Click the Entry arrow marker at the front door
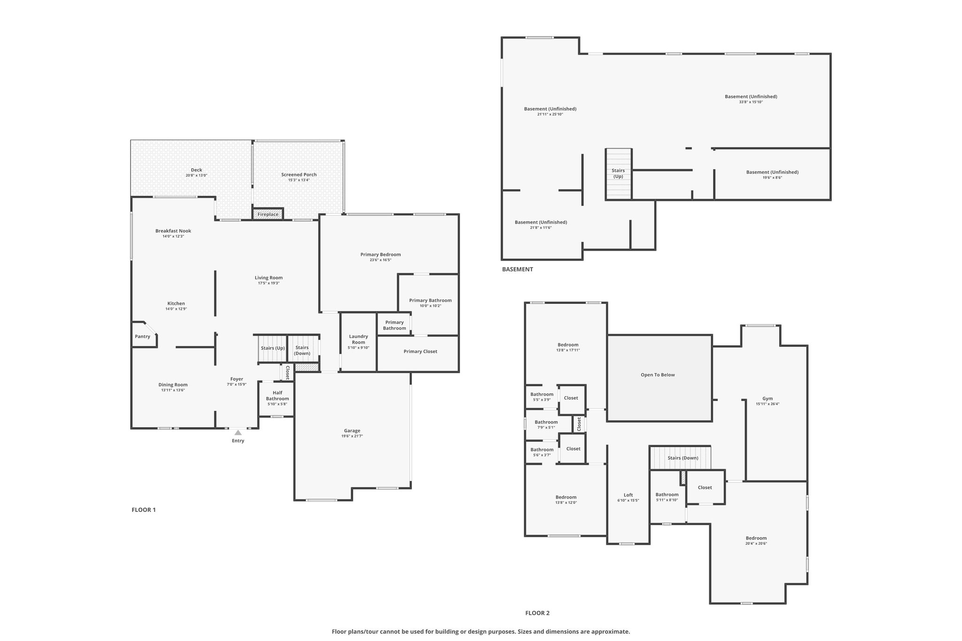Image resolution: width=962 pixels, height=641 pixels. pos(238,432)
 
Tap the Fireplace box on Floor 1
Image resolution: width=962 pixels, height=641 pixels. pos(268,214)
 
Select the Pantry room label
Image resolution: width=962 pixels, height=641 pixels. pos(142,336)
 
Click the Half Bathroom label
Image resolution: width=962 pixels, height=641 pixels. pos(277,396)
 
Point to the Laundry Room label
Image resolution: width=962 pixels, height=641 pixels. pos(358,339)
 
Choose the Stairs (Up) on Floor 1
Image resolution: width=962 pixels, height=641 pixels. pos(273,348)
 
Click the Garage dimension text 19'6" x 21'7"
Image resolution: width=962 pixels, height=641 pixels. pos(352,436)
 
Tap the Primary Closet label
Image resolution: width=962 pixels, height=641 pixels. pos(420,351)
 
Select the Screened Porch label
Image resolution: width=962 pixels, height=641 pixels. pos(299,175)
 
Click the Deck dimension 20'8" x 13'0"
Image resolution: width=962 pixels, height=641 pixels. pos(196,176)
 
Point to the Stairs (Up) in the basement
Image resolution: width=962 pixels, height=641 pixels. pos(618,174)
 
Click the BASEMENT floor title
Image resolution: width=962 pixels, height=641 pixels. pos(518,270)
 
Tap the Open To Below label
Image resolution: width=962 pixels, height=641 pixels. pos(658,375)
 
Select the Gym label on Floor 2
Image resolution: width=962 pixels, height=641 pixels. pos(768,399)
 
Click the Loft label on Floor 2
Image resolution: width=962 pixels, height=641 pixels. pos(628,495)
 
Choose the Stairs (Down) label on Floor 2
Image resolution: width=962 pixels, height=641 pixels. pos(683,458)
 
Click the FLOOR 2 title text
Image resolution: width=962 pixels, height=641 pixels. pos(537,613)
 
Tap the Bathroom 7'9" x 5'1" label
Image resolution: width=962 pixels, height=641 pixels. pos(546,425)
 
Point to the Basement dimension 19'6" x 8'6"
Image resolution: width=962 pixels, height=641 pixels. pos(772,178)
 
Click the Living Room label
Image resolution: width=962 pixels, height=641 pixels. pos(269,278)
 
